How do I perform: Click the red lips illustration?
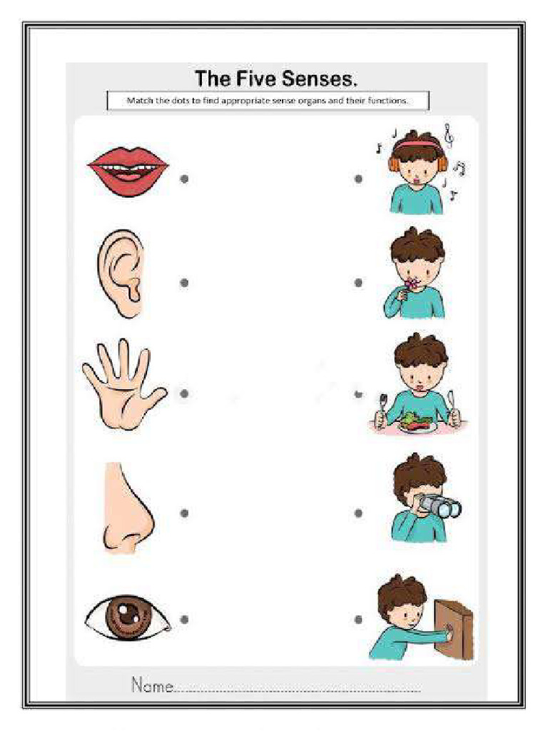coord(128,171)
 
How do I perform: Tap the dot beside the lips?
coord(184,179)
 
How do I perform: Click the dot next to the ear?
coord(184,283)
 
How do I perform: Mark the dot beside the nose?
coord(184,513)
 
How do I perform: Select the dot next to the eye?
coord(184,620)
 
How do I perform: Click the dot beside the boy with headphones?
coord(358,179)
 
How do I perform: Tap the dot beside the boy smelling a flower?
coord(358,283)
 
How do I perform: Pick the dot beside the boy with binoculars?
coord(358,513)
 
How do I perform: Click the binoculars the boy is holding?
coord(440,505)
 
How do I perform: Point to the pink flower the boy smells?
coord(411,285)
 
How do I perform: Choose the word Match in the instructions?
coord(139,101)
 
